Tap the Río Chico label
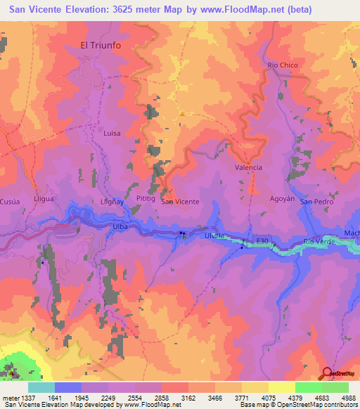tap(283, 65)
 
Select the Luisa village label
tap(112, 133)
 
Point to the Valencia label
tap(248, 167)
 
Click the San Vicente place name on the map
tap(181, 202)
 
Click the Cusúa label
tap(11, 200)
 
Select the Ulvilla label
tap(214, 235)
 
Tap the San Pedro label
tap(316, 202)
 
